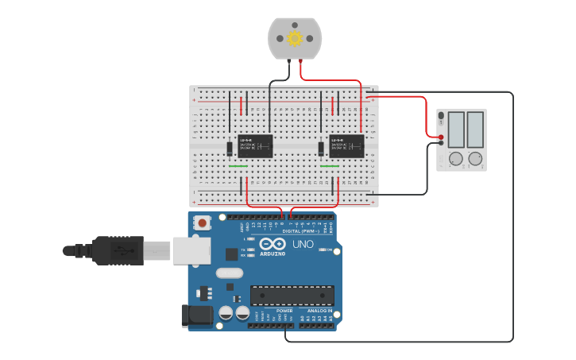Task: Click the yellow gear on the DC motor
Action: tap(295, 38)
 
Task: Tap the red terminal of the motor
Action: tap(300, 60)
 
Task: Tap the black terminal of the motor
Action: tap(290, 60)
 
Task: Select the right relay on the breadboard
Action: tap(346, 146)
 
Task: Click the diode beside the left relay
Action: tap(229, 148)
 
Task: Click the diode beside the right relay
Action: tap(321, 149)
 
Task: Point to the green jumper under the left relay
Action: tap(238, 167)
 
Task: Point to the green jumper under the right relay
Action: tap(330, 167)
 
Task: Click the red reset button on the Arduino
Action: tap(203, 223)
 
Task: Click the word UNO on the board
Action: tap(303, 244)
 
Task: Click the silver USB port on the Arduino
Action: tap(191, 250)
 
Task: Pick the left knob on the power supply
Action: tap(455, 159)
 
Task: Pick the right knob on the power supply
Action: tap(475, 159)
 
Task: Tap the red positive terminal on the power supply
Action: tap(441, 137)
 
